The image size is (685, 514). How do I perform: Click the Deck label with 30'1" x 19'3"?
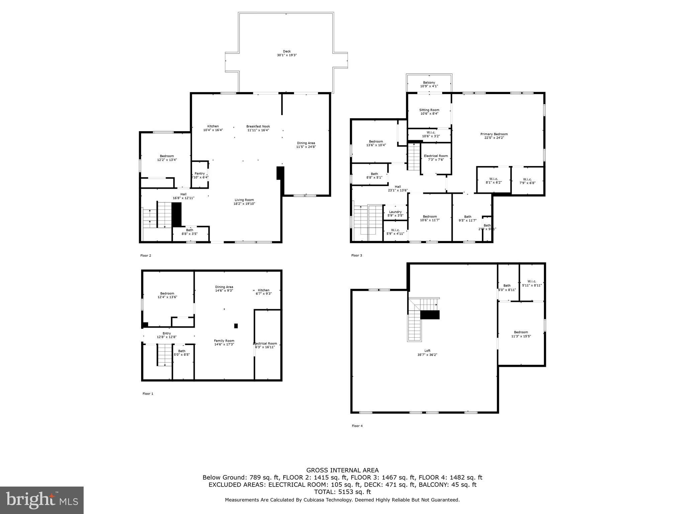point(287,53)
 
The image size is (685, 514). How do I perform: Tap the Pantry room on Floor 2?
point(200,175)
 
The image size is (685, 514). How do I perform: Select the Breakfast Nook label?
point(258,128)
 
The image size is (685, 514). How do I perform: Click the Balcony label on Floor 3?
point(429,84)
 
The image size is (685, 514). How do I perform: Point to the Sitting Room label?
point(429,112)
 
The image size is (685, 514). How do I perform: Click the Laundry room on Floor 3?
point(395,213)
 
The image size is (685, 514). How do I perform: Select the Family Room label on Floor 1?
point(224,342)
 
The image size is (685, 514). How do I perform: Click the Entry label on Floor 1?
point(167,335)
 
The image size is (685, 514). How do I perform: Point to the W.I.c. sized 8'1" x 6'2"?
point(494,181)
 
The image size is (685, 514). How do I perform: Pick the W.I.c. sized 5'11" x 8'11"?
point(531,283)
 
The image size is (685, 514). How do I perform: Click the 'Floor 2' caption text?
point(145,256)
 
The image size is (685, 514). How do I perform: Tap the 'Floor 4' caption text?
point(357,426)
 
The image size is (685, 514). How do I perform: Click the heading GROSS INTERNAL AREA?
point(342,470)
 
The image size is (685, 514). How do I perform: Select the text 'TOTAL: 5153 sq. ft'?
point(342,492)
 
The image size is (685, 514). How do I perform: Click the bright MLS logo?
point(42,500)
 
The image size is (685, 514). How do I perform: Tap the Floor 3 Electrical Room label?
point(435,158)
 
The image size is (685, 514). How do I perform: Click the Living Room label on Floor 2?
point(244,202)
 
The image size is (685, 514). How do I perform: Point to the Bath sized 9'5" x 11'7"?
point(468,219)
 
